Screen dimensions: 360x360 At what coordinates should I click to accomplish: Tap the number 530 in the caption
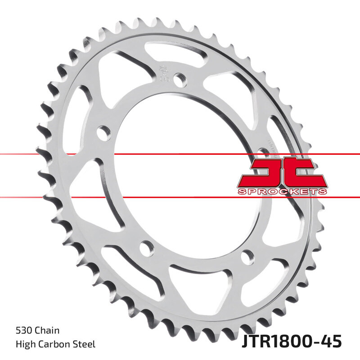click(x=23, y=331)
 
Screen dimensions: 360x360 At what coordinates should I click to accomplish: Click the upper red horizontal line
click(x=180, y=154)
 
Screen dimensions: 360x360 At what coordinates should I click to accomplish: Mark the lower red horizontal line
click(x=180, y=197)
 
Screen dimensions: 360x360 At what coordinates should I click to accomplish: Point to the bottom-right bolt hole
click(x=246, y=257)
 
